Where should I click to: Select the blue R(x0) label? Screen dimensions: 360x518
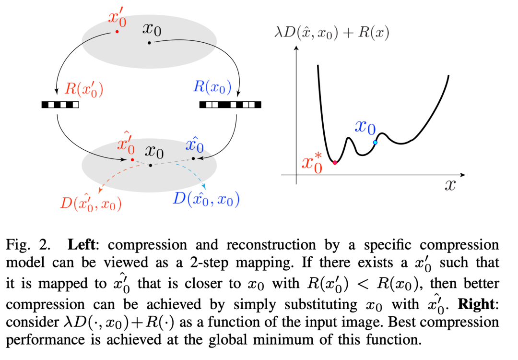[x=212, y=87]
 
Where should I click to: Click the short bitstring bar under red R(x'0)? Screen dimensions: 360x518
[x=60, y=104]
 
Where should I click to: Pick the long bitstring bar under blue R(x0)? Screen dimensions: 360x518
[x=230, y=104]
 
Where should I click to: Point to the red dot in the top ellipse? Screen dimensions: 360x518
[x=117, y=32]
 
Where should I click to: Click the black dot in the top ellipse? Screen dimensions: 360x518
[x=149, y=43]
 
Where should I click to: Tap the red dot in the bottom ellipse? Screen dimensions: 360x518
[x=132, y=159]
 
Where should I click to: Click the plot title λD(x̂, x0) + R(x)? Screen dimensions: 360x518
[x=331, y=33]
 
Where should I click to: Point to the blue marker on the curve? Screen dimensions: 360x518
[x=375, y=142]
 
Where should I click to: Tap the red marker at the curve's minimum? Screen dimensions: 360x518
[x=335, y=163]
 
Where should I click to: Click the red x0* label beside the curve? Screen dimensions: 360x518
[x=311, y=161]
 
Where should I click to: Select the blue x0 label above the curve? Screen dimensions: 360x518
[x=365, y=127]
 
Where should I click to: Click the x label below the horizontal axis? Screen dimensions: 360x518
[x=449, y=185]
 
